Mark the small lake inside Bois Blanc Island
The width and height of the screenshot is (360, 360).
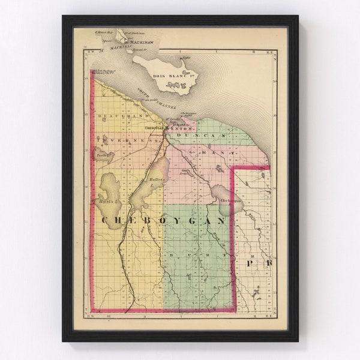pyautogui.click(x=175, y=85)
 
